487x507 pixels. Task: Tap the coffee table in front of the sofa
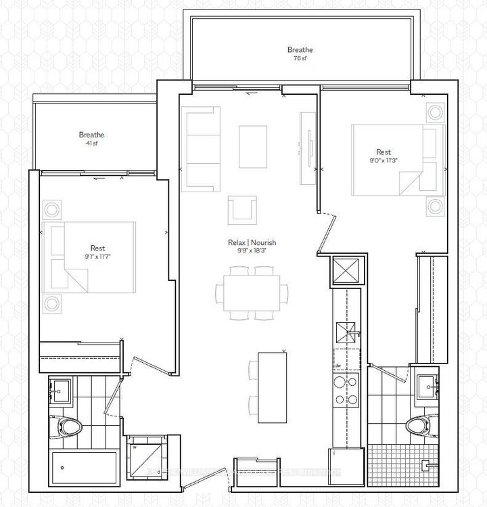253,147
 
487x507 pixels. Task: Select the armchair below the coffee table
242,208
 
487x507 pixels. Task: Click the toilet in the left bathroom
68,426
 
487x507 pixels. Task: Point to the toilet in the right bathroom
418,426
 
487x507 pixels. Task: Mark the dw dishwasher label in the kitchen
337,366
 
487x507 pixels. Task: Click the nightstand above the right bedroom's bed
434,112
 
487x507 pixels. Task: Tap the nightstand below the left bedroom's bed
52,303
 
